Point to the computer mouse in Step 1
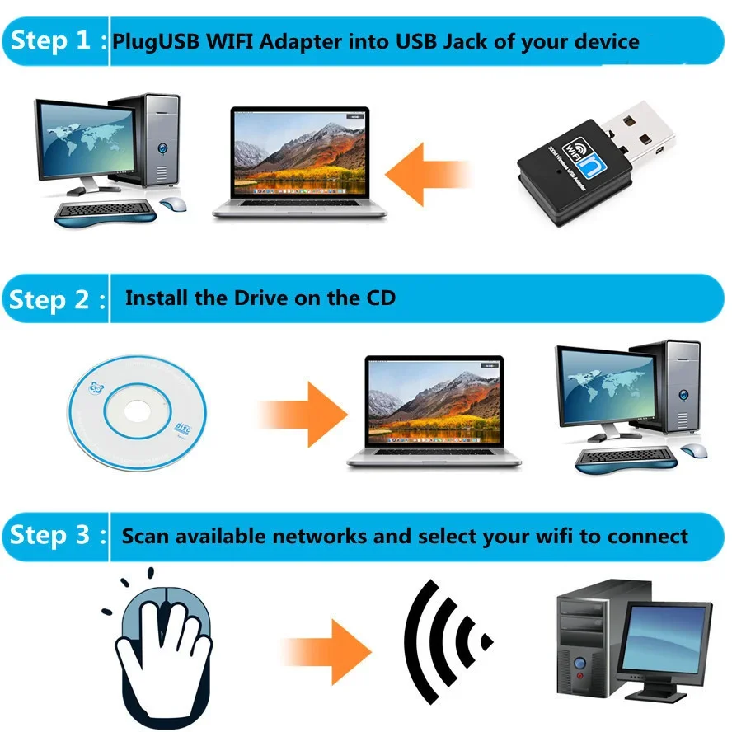[x=172, y=204]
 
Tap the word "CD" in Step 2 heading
[x=378, y=298]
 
